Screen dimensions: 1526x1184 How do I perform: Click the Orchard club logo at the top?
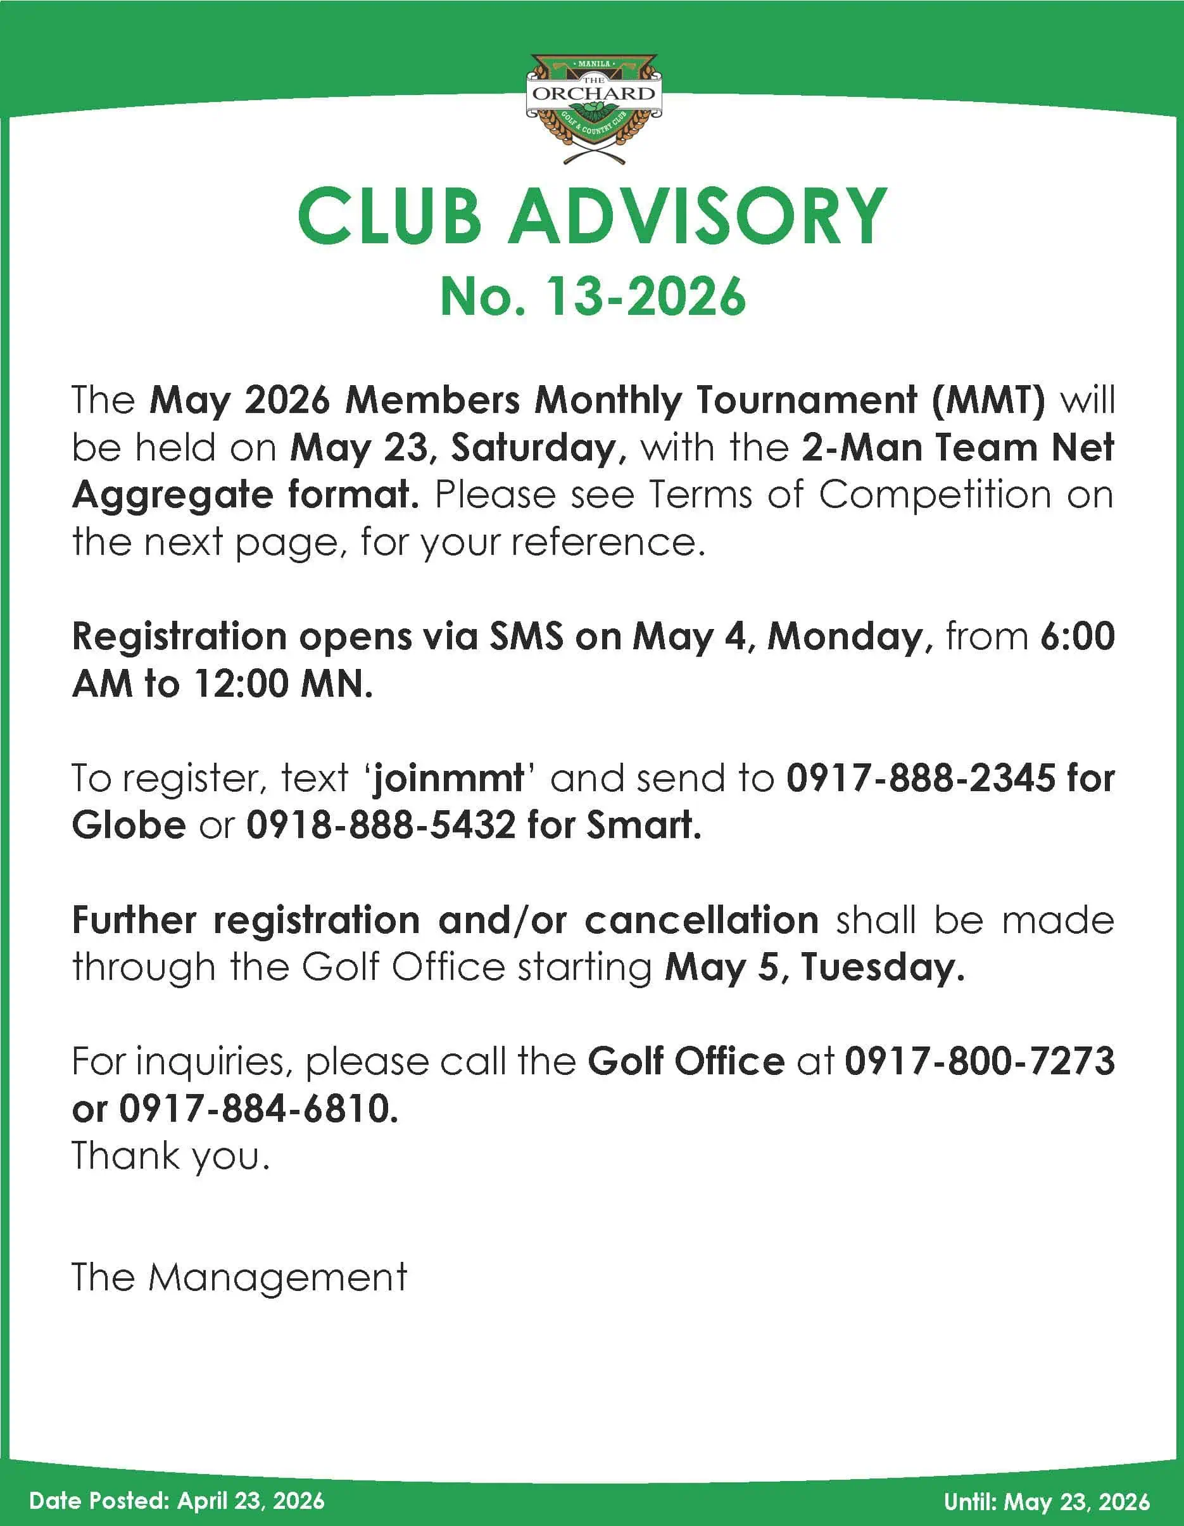pyautogui.click(x=593, y=108)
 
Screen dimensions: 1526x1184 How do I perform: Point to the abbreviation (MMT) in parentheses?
pyautogui.click(x=988, y=400)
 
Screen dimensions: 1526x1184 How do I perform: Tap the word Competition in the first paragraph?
pyautogui.click(x=935, y=495)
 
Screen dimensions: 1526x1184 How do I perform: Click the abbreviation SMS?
pyautogui.click(x=526, y=637)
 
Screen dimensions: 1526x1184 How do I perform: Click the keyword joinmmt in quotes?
pyautogui.click(x=448, y=778)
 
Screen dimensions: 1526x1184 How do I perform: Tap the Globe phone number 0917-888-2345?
pyautogui.click(x=921, y=778)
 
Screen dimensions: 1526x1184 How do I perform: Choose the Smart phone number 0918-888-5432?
pyautogui.click(x=381, y=825)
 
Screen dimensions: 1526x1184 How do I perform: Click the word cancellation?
pyautogui.click(x=701, y=920)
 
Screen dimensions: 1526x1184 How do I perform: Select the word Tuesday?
pyautogui.click(x=882, y=968)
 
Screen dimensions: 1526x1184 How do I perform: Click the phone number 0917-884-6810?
pyautogui.click(x=258, y=1109)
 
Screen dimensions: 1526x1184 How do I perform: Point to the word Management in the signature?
pyautogui.click(x=277, y=1278)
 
